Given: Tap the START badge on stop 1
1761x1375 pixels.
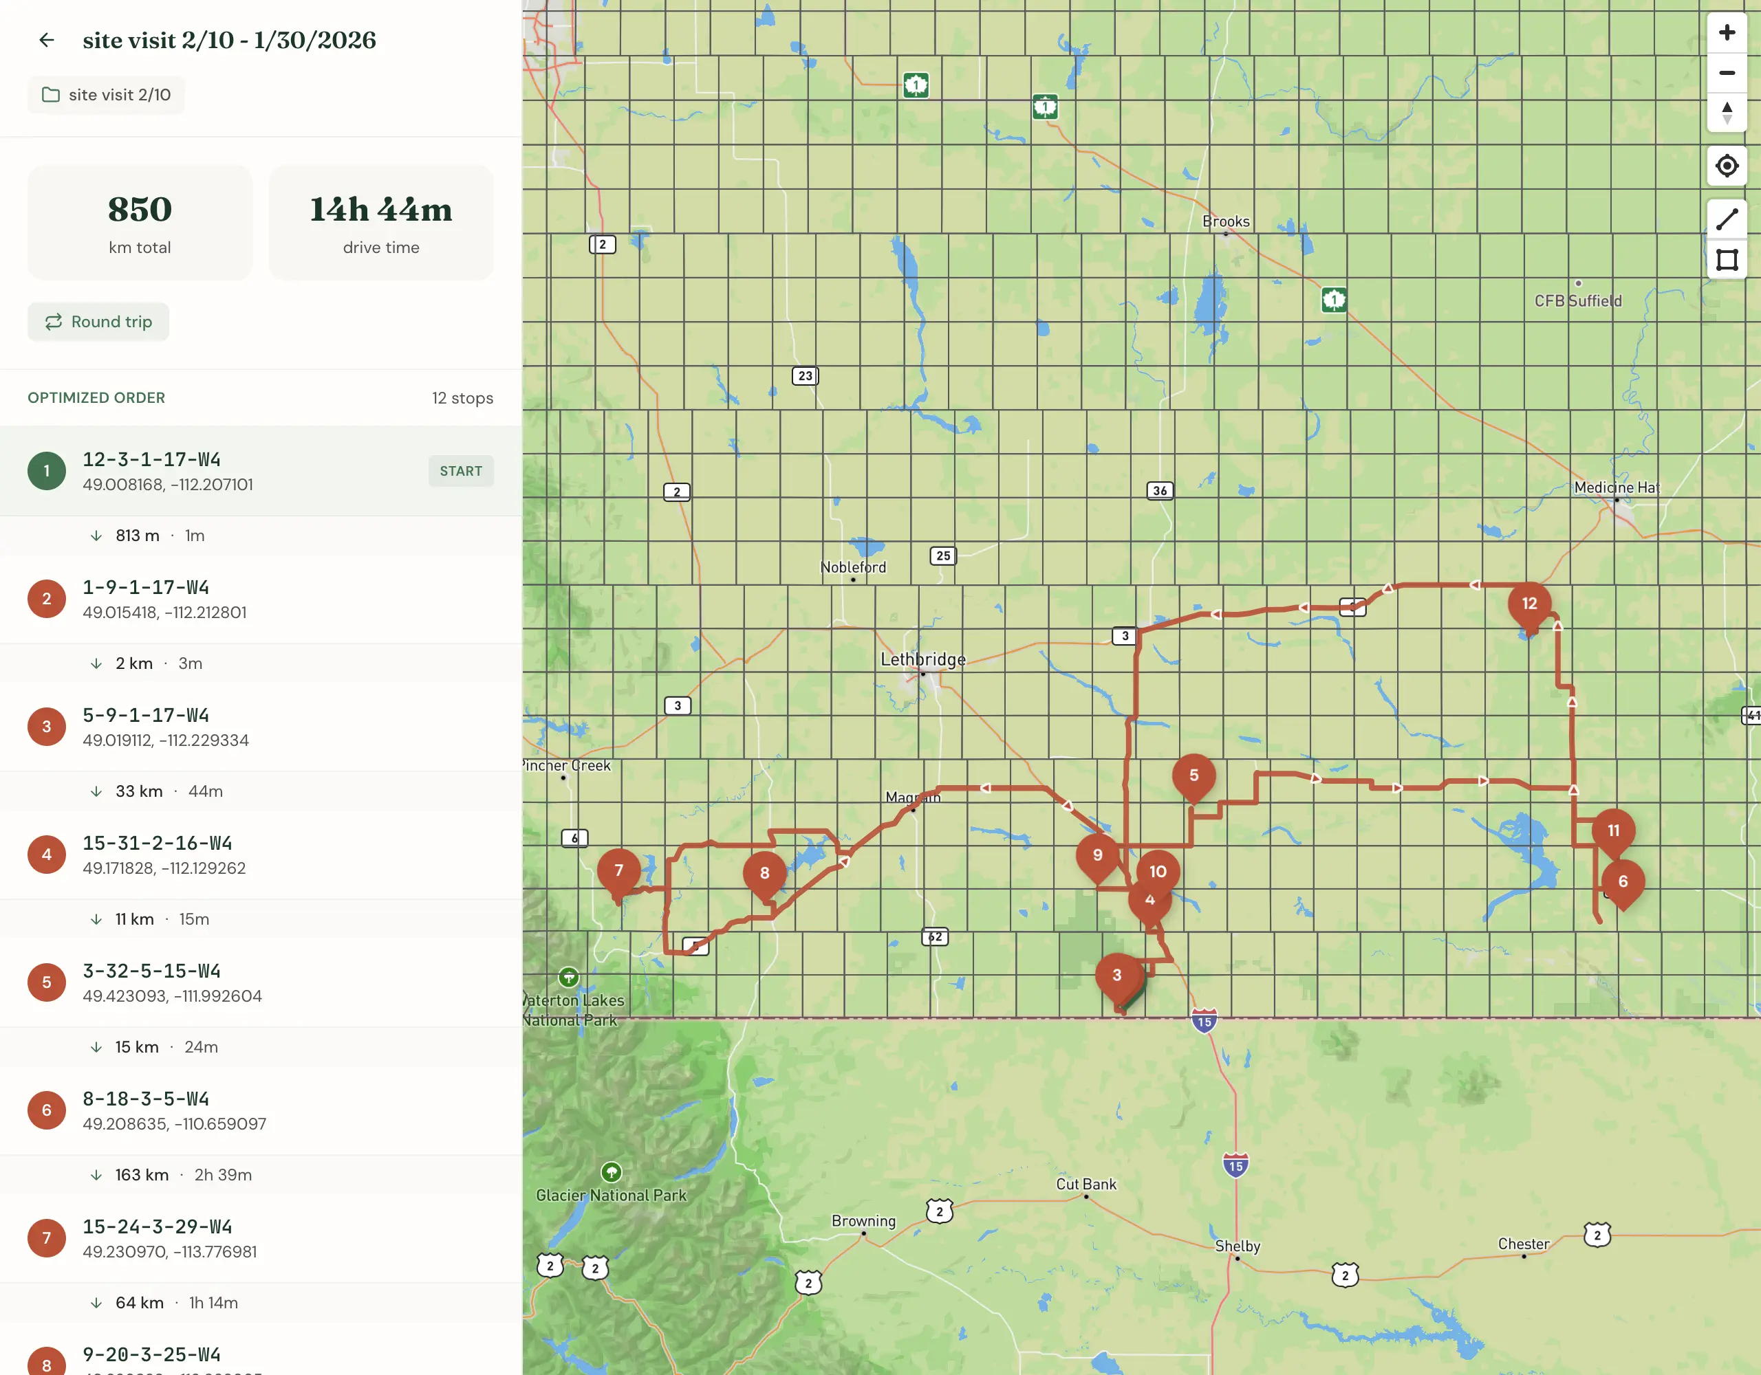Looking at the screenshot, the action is point(460,471).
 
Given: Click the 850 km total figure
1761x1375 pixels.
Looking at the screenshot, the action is point(140,210).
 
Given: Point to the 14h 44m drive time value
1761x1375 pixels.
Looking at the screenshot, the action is point(380,210).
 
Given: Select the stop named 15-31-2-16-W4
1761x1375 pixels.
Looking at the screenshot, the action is point(158,843).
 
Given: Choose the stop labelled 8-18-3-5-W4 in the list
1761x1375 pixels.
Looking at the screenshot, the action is point(146,1099).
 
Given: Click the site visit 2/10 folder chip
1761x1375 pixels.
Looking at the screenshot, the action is point(107,95).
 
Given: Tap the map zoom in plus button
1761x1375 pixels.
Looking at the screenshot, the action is point(1727,33).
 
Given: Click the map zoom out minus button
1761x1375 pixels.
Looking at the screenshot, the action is point(1727,74).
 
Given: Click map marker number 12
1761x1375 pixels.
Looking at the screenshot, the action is point(1528,604).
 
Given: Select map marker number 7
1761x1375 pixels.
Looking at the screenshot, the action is point(618,870).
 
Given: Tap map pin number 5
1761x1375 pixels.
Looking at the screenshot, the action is point(1193,775).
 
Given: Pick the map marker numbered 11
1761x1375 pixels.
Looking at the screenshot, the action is point(1612,830).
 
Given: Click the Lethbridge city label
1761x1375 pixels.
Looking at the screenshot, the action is point(922,659).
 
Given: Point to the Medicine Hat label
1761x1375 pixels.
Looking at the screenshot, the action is point(1616,487).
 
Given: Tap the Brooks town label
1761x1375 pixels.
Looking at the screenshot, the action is point(1226,221).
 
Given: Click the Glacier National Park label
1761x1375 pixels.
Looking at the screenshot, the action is point(611,1196).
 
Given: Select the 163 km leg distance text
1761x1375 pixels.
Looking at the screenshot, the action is point(142,1175).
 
